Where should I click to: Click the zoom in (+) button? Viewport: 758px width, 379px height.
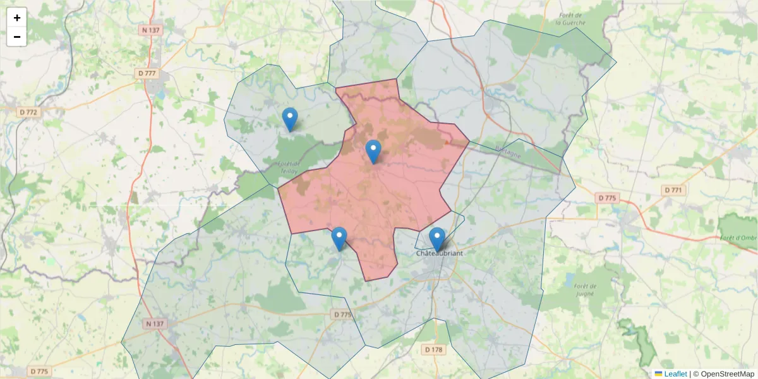pyautogui.click(x=16, y=18)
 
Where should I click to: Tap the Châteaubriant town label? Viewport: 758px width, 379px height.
pyautogui.click(x=439, y=253)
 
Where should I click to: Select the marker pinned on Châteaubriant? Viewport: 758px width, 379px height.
pyautogui.click(x=436, y=239)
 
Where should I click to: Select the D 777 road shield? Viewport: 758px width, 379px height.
pyautogui.click(x=147, y=73)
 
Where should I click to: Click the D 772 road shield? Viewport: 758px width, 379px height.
pyautogui.click(x=29, y=112)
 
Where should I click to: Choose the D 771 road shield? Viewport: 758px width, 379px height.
pyautogui.click(x=675, y=189)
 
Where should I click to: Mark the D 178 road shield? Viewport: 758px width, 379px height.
pyautogui.click(x=433, y=349)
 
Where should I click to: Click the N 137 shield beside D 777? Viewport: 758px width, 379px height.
pyautogui.click(x=151, y=30)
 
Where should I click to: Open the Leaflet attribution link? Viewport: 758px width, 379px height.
pyautogui.click(x=675, y=374)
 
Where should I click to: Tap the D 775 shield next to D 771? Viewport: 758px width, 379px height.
pyautogui.click(x=606, y=198)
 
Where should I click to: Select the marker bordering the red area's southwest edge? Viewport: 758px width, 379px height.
pyautogui.click(x=339, y=239)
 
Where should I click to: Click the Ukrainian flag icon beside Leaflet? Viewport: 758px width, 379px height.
pyautogui.click(x=658, y=374)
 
